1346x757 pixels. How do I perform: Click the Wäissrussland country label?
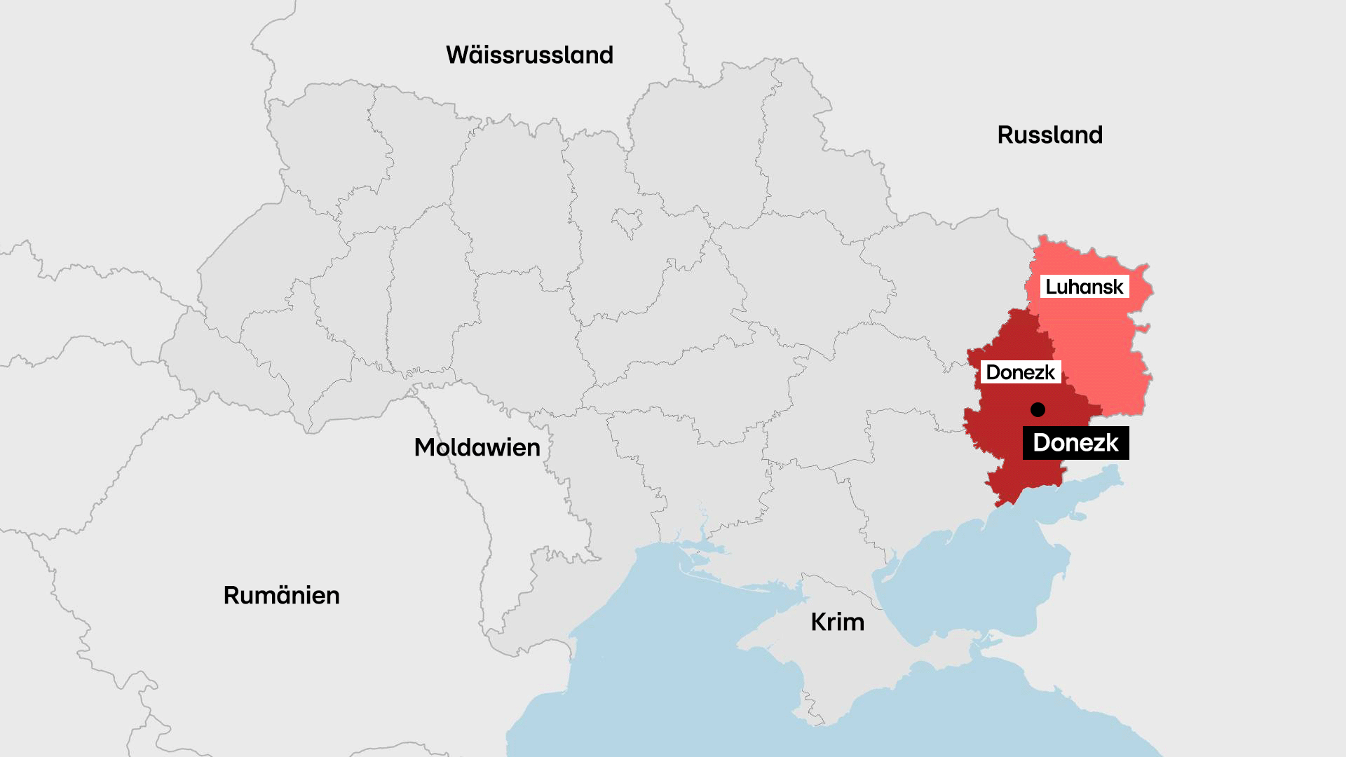click(x=529, y=55)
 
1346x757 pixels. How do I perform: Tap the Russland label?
click(x=1049, y=135)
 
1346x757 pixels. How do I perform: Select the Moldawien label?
click(x=477, y=447)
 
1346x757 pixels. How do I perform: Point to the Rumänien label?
click(x=281, y=595)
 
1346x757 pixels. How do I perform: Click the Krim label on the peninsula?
click(x=837, y=622)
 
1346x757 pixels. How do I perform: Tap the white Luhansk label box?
click(x=1084, y=287)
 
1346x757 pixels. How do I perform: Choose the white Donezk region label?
click(x=1020, y=372)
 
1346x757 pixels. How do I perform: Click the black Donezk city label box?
click(x=1075, y=443)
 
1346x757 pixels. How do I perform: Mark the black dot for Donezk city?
click(x=1038, y=409)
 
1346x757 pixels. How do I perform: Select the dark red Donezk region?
click(x=1009, y=449)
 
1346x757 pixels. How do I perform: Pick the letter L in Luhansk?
click(x=1050, y=287)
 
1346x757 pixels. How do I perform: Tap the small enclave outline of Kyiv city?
click(x=627, y=221)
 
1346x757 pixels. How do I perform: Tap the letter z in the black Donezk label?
click(x=1099, y=444)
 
